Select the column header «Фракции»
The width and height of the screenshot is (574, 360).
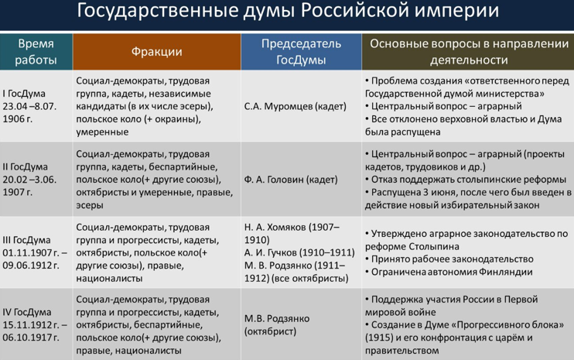[157, 52]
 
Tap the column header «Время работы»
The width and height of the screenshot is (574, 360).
[36, 52]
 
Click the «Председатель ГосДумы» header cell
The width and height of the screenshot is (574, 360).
[301, 52]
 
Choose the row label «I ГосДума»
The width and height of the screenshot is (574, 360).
[24, 94]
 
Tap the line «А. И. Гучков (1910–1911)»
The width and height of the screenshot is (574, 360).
[299, 252]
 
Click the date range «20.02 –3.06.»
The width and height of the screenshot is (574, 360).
[29, 180]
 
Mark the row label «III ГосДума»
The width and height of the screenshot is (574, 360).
[26, 240]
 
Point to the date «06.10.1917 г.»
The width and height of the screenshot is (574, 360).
[31, 338]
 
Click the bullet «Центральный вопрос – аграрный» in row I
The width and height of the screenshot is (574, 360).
[443, 107]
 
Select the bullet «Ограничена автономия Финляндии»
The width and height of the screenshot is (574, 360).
[449, 272]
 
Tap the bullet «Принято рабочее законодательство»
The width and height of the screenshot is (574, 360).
[449, 259]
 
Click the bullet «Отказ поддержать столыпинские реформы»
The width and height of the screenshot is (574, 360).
[466, 180]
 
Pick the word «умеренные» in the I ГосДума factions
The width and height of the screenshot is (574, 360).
[102, 132]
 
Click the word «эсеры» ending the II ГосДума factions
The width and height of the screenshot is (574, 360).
[90, 205]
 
